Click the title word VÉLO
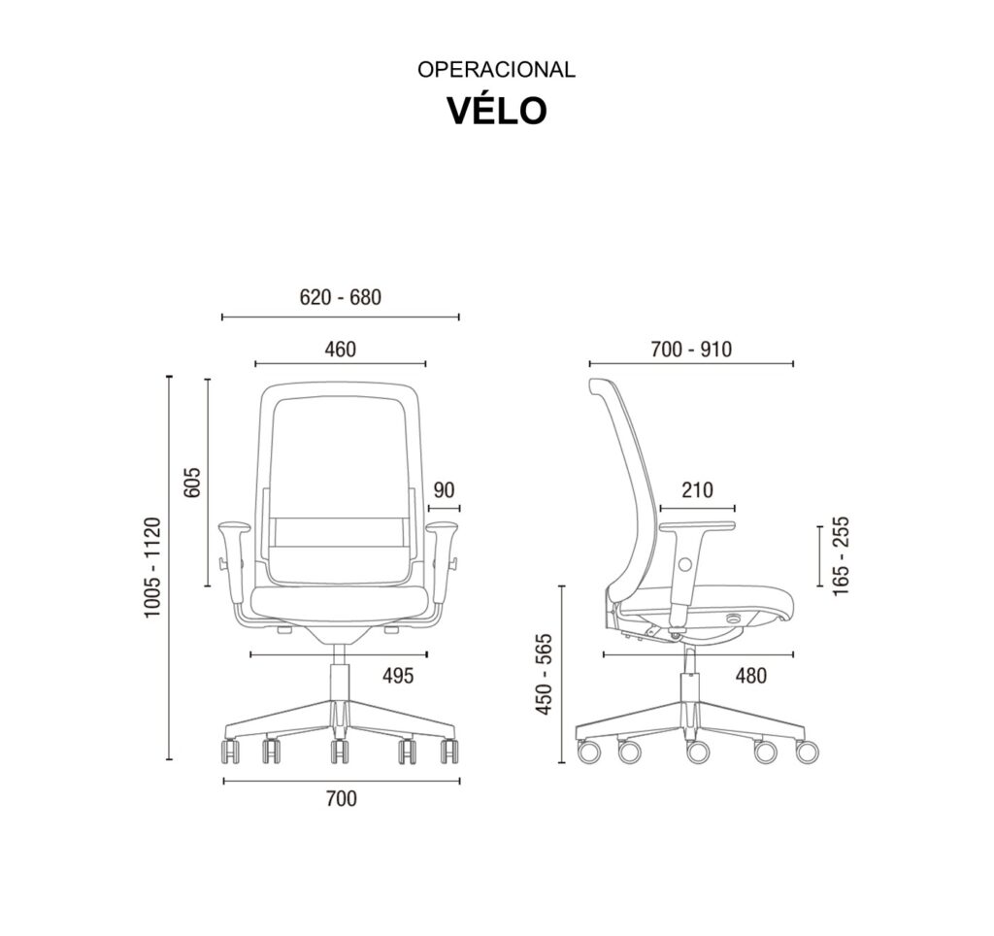pos(497,111)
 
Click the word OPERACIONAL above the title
pos(496,69)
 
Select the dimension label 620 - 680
pos(341,297)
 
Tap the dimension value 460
pos(341,349)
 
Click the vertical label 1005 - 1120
pos(152,567)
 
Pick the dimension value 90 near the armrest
pos(444,489)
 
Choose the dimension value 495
pos(397,676)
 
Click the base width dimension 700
pos(342,798)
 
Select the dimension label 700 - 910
pos(691,349)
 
